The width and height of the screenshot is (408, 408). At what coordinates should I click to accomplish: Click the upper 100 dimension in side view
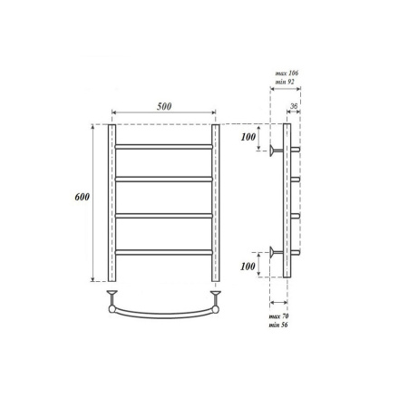(248, 137)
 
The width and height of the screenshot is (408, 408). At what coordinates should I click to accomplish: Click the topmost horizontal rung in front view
(163, 144)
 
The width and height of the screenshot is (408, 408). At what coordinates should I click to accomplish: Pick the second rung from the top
(163, 180)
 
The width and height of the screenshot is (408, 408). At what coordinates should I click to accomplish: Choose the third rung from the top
(163, 215)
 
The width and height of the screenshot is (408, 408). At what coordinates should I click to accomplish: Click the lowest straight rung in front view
(163, 250)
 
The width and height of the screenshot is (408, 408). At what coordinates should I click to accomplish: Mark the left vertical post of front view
(112, 204)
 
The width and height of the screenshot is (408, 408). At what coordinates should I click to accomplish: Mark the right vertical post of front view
(216, 204)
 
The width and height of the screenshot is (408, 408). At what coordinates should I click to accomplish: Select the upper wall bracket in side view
(275, 149)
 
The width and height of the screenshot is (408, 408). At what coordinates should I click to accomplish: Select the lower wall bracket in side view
(275, 251)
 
